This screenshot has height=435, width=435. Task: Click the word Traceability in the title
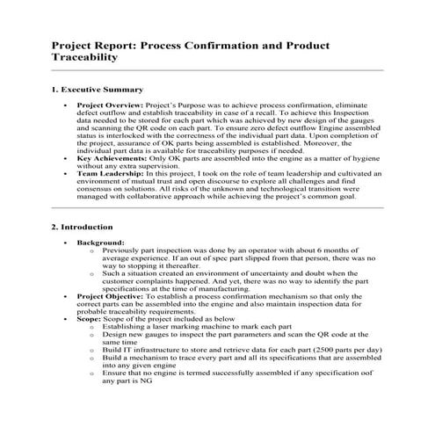(83, 56)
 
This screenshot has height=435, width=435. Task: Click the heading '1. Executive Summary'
(98, 90)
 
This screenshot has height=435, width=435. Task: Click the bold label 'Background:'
(100, 242)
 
